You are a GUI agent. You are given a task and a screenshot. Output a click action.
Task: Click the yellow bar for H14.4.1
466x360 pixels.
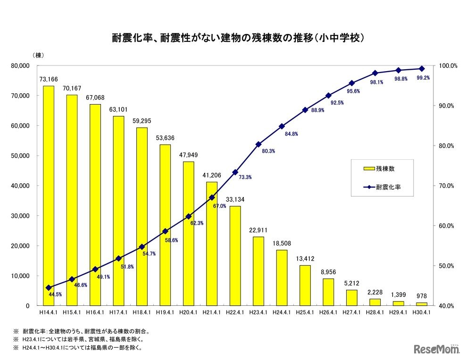49,196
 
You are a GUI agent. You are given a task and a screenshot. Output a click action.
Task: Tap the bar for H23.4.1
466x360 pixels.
258,271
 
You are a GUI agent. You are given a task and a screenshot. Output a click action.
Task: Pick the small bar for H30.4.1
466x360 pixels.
421,304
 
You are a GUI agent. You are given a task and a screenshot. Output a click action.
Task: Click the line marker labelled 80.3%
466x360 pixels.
258,144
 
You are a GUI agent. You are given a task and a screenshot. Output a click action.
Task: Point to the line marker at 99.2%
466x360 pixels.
421,68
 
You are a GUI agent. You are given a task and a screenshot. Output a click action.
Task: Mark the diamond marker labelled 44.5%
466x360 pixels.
49,287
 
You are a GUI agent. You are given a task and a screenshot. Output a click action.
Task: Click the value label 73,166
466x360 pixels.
49,80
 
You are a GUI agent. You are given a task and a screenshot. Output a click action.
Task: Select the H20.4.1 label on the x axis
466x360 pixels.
188,312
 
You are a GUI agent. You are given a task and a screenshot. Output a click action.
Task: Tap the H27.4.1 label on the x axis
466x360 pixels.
351,312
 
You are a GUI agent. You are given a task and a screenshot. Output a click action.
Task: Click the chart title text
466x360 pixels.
233,38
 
